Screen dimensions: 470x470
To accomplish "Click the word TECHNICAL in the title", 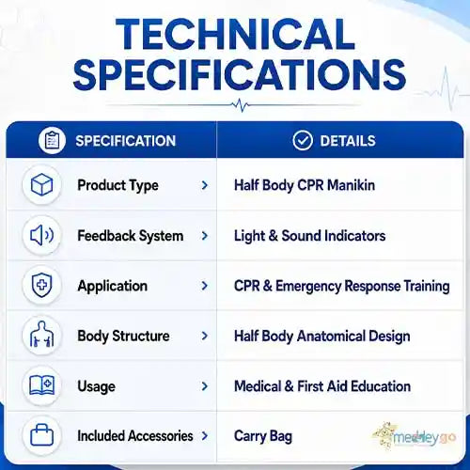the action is (236, 34).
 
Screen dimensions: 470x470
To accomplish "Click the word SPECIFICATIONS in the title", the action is (240, 75).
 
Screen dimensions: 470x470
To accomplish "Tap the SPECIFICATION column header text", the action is (126, 141).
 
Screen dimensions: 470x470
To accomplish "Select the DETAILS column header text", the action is (348, 141).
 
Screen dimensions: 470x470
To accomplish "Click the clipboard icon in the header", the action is (52, 141).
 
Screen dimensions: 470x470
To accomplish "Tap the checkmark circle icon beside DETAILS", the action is (303, 141).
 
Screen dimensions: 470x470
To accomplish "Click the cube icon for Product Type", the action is (41, 185).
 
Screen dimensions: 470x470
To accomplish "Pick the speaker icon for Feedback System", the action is (41, 235).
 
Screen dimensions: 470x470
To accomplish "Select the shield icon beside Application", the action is (41, 285).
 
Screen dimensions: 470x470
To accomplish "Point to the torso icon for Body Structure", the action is (41, 335).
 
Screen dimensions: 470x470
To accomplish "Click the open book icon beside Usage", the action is (41, 385).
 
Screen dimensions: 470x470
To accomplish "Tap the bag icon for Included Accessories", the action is (41, 435).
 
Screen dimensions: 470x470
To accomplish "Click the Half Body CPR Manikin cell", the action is (305, 185).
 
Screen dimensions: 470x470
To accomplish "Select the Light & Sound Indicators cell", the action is (310, 236).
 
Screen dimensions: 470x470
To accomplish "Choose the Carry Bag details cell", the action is (263, 436).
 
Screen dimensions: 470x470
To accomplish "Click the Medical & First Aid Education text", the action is (322, 386).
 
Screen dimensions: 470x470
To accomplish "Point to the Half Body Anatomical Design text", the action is (322, 337).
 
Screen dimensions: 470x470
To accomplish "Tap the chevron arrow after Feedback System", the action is (205, 236).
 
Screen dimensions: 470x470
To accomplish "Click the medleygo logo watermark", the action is (415, 436).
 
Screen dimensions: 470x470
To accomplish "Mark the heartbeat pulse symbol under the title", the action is (241, 105).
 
